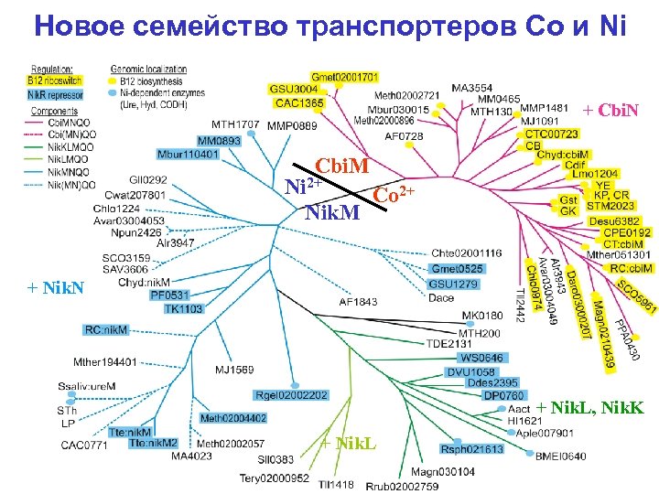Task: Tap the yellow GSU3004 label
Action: pos(293,89)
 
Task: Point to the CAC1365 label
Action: pos(298,103)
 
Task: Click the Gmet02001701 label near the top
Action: pos(344,77)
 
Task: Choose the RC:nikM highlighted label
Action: pos(107,329)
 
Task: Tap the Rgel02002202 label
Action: pos(292,395)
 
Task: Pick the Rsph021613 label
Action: pos(472,449)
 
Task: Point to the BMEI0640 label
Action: pos(560,456)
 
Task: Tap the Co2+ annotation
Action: pos(394,196)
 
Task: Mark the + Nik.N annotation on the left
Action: pos(57,288)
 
